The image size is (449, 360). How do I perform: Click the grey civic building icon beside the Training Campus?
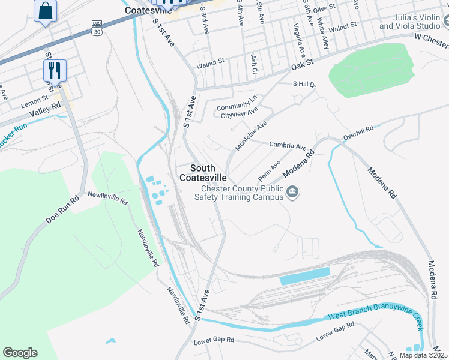[x=292, y=193]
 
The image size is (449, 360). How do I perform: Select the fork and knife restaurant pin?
[x=55, y=70]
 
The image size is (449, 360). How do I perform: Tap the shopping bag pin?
[x=46, y=11]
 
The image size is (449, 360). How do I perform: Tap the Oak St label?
[x=302, y=62]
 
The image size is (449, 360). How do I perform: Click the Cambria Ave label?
[x=288, y=145]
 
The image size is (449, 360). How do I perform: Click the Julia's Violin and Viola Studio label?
[x=409, y=23]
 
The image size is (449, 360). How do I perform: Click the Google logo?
[x=20, y=353]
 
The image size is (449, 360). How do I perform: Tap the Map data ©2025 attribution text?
[x=423, y=355]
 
